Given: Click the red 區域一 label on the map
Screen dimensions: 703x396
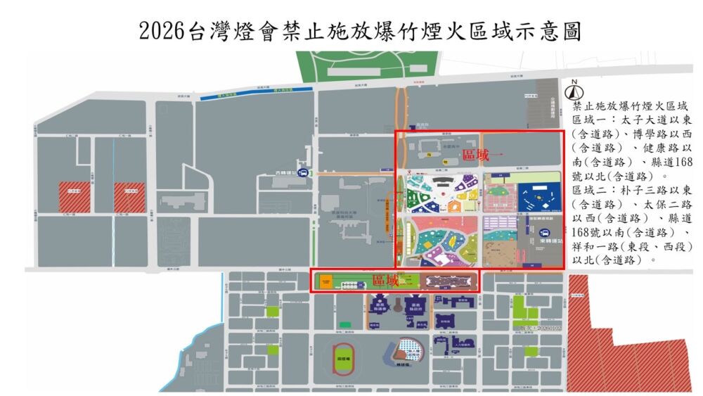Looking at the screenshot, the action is [x=476, y=156].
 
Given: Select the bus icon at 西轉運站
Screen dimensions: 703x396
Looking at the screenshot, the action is [x=303, y=173].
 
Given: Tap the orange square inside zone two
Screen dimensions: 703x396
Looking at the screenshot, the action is [x=325, y=281].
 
